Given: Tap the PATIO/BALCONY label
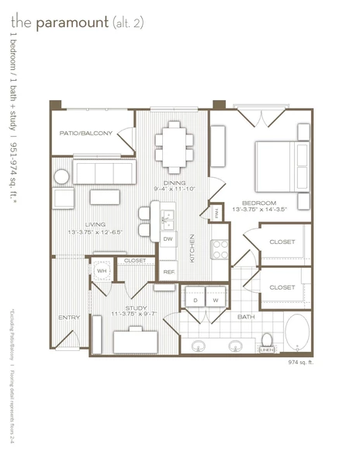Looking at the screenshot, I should [x=86, y=134].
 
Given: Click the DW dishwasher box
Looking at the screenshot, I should [x=168, y=238].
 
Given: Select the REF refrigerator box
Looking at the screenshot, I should [x=168, y=271].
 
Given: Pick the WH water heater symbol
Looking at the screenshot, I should [x=102, y=272].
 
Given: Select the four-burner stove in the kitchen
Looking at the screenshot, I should [x=220, y=249].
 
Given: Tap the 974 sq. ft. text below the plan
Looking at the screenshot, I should [x=303, y=363].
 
